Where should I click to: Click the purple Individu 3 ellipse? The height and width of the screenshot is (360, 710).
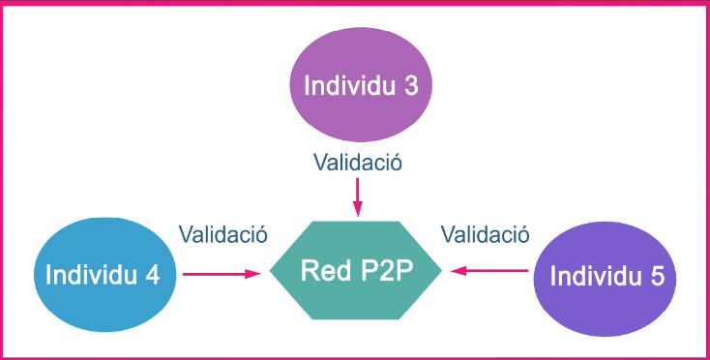pos(361,84)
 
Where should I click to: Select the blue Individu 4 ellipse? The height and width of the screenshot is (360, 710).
pos(105,275)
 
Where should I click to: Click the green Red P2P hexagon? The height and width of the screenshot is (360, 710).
pos(355,270)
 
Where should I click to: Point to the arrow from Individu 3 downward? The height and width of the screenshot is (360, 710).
pos(358,197)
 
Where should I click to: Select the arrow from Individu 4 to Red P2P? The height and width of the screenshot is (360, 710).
pos(222,274)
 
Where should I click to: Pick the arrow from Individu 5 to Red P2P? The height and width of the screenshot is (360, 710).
pos(489,271)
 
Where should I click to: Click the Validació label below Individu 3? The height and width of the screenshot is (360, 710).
pos(358,163)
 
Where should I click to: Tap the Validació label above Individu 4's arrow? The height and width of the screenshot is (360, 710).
pos(223,234)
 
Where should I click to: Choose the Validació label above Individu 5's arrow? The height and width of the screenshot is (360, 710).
pos(486,234)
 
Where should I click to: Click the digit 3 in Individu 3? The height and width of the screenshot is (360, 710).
pos(411,85)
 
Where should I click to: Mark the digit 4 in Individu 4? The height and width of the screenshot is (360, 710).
pos(152,275)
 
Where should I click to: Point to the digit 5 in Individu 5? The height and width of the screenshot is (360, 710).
pos(658,276)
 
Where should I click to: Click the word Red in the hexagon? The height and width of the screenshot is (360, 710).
pos(321,270)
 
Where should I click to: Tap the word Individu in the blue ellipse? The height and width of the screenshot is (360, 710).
pos(92,275)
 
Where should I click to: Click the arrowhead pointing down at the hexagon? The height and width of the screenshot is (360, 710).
pos(358,209)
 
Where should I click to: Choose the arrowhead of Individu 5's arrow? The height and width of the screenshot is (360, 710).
pos(459,271)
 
